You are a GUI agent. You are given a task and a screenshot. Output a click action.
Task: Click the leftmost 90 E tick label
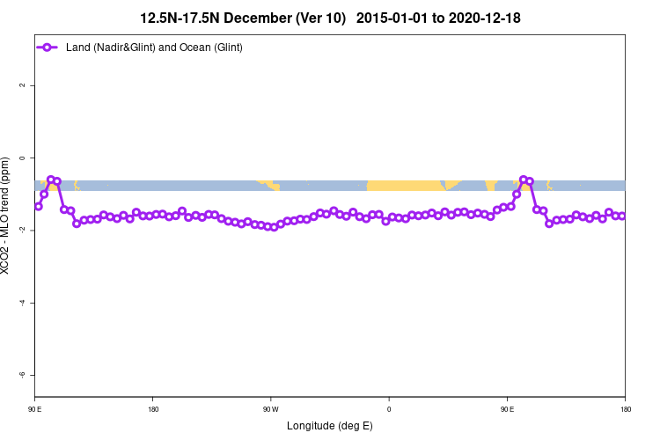tap(35, 409)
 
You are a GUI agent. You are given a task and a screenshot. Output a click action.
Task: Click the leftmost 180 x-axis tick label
tap(153, 409)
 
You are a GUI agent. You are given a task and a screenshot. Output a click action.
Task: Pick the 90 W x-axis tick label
tap(270, 409)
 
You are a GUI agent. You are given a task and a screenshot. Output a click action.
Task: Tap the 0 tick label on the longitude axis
tap(389, 409)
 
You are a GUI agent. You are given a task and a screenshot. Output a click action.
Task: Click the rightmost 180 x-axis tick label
tap(625, 409)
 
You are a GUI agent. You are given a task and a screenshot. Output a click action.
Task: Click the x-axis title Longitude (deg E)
tap(330, 426)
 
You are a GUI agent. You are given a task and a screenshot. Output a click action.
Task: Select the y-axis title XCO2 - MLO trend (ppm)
tap(7, 216)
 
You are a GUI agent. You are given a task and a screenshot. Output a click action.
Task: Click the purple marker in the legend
tap(50, 47)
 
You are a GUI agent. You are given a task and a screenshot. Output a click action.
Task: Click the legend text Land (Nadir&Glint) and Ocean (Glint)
tap(154, 47)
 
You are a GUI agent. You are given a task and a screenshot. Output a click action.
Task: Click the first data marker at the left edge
tap(38, 206)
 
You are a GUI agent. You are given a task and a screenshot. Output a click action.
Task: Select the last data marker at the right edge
tap(622, 216)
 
